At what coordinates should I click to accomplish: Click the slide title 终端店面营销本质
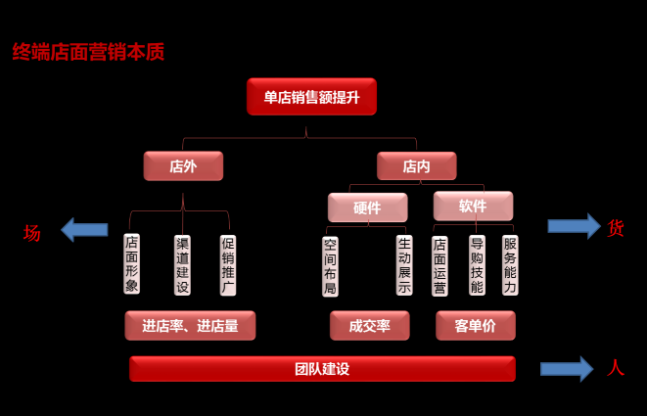pos(88,52)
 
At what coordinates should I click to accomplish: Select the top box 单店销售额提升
pos(311,97)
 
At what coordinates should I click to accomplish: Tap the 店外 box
pos(183,166)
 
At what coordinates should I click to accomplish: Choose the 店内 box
pos(416,166)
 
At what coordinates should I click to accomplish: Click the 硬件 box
pos(367,207)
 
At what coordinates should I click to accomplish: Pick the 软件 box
pos(473,206)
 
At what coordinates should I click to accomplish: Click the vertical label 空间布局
pos(330,264)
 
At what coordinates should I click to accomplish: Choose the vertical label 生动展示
pos(404,264)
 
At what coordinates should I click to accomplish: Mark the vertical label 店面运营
pos(440,264)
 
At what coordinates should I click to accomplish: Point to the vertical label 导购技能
pos(477,264)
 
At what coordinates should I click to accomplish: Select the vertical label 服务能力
pos(510,264)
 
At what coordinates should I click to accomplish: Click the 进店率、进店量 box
pos(190,326)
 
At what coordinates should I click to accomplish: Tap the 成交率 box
pos(369,326)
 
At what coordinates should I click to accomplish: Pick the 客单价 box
pos(475,326)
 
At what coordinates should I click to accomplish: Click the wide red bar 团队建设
pos(322,369)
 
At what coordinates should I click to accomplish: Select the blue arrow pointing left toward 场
pos(84,230)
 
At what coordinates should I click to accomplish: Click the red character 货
pos(616,227)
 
